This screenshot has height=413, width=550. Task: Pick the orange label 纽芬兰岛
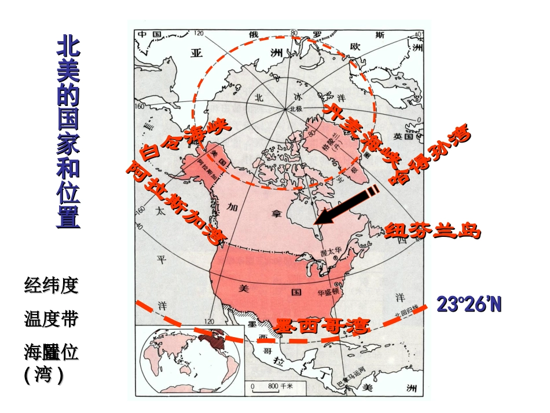[x=432, y=230]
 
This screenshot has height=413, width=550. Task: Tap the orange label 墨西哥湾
[x=322, y=326]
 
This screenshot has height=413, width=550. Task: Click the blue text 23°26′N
[x=469, y=305]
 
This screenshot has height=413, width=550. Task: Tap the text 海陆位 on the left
[x=51, y=351]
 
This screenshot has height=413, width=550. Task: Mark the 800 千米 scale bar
[x=272, y=385]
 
